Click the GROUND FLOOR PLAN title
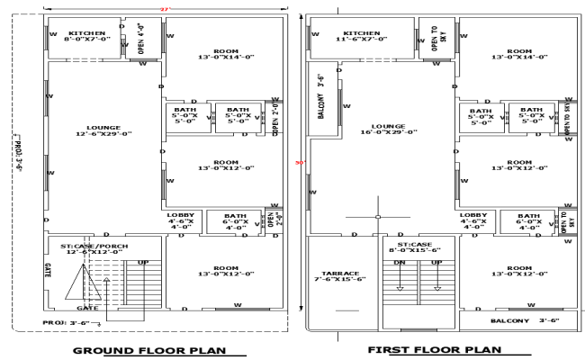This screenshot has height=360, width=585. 148,349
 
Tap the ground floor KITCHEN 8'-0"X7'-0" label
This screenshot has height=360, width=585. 86,35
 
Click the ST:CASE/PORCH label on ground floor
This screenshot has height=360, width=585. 94,247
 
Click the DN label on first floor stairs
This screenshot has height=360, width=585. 400,263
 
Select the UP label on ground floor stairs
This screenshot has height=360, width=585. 142,263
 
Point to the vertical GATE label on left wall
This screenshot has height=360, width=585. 47,270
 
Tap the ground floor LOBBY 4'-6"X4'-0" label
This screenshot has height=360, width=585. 181,220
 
